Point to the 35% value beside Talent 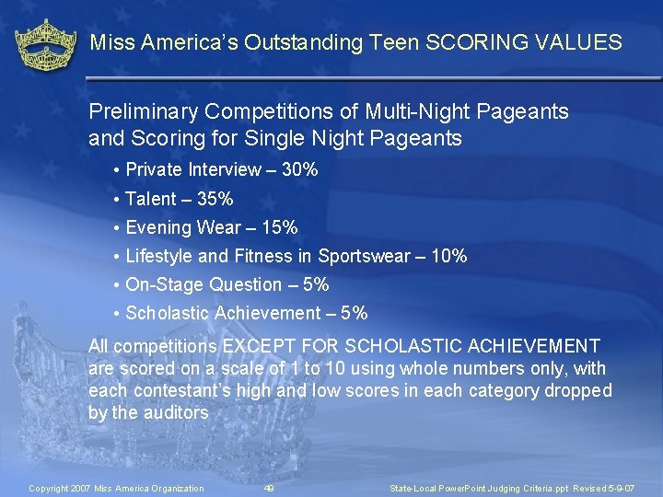[x=215, y=199]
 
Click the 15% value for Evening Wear [x=279, y=227]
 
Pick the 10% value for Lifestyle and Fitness [x=448, y=256]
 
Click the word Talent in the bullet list [x=151, y=199]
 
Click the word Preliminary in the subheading [x=144, y=112]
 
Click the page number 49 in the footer [x=269, y=488]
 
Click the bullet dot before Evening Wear [x=117, y=227]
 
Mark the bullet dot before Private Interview [x=117, y=169]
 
